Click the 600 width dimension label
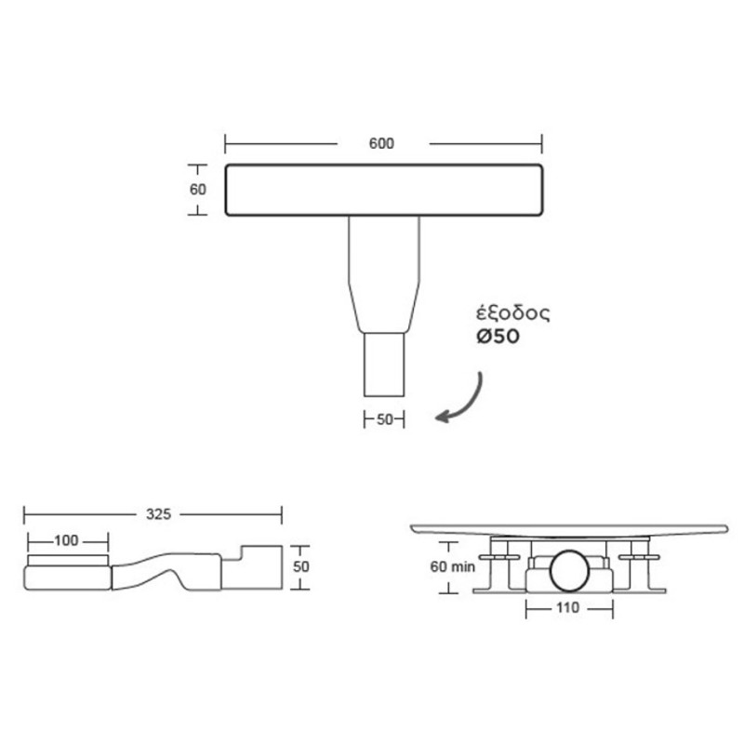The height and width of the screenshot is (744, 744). pyautogui.click(x=381, y=143)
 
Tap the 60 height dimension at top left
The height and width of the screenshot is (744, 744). pyautogui.click(x=197, y=189)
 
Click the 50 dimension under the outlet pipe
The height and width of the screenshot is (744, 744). pyautogui.click(x=384, y=419)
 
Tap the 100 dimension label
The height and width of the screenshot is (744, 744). pyautogui.click(x=66, y=540)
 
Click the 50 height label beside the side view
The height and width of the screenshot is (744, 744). pyautogui.click(x=301, y=565)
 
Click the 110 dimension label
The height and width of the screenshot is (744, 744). pyautogui.click(x=568, y=608)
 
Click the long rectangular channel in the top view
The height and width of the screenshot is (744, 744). pyautogui.click(x=384, y=190)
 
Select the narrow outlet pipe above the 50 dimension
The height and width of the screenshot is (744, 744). pyautogui.click(x=384, y=365)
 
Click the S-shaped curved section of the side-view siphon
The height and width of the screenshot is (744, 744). pyautogui.click(x=167, y=569)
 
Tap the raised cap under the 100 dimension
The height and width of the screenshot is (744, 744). pyautogui.click(x=68, y=559)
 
